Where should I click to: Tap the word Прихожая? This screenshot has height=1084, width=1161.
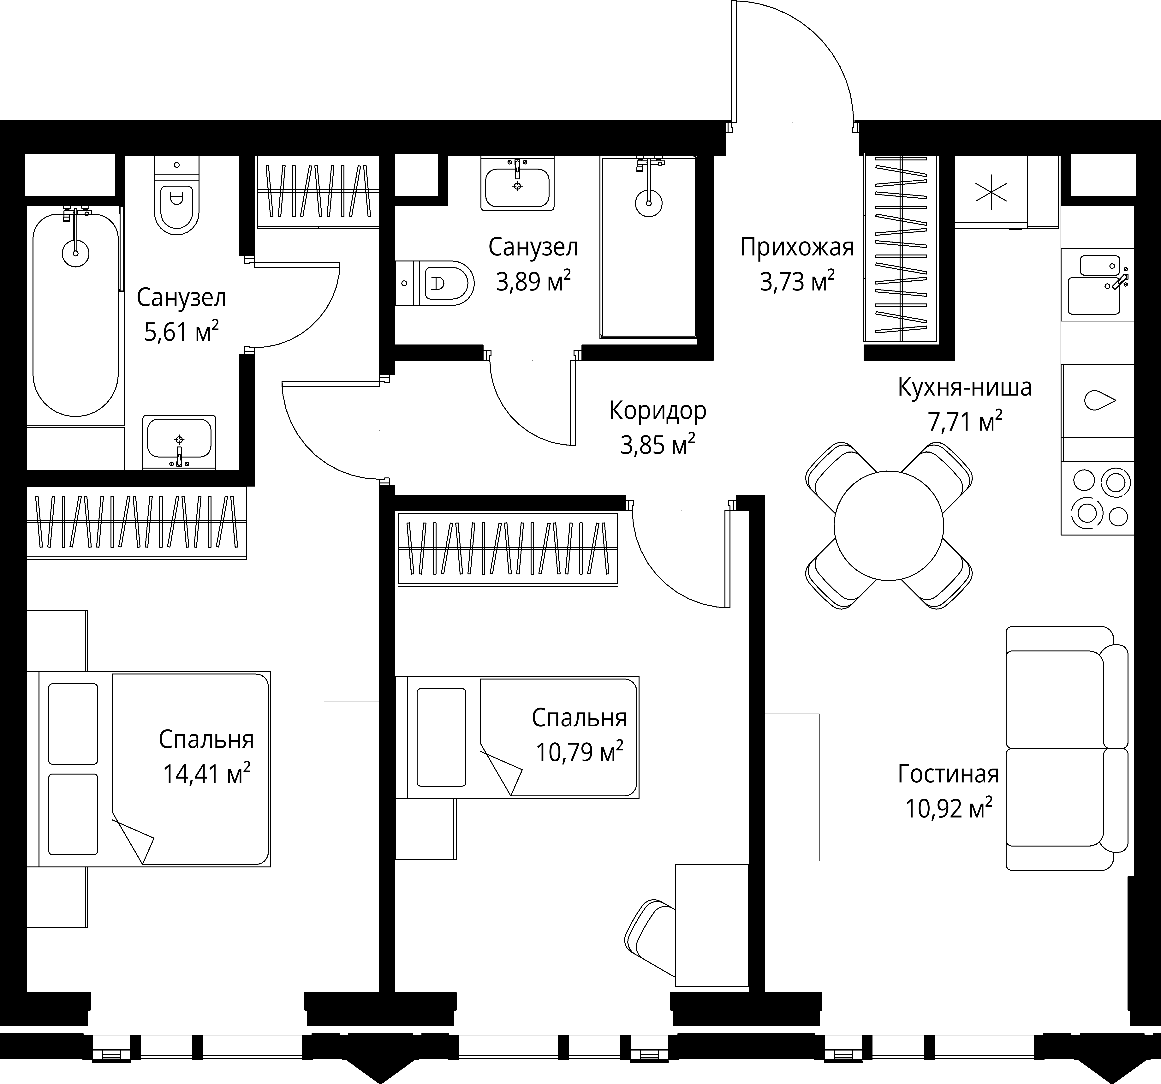[x=797, y=248]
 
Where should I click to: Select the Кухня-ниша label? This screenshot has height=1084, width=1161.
[x=965, y=387]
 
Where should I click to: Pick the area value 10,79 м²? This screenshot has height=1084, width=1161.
[x=579, y=752]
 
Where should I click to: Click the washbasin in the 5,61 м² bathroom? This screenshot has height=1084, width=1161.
[x=179, y=442]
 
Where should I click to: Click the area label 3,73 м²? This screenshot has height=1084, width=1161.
[x=797, y=282]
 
